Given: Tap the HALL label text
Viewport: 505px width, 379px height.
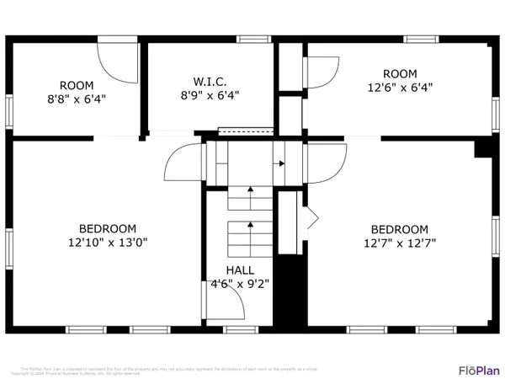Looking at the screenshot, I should click(235, 270).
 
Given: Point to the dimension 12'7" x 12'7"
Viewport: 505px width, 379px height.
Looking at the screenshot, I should click(400, 243).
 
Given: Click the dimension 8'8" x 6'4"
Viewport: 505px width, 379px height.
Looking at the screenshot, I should click(77, 99).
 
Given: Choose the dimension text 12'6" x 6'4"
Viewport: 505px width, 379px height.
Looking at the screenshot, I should click(400, 86).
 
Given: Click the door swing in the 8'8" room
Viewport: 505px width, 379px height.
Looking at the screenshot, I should click(116, 59).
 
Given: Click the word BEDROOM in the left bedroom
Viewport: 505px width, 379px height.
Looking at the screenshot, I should click(108, 228).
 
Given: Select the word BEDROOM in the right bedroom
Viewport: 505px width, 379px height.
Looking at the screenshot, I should click(400, 229).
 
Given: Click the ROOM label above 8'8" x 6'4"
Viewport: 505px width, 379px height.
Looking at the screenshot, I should click(77, 85).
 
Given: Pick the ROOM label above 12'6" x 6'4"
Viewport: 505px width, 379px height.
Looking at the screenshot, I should click(400, 72).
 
